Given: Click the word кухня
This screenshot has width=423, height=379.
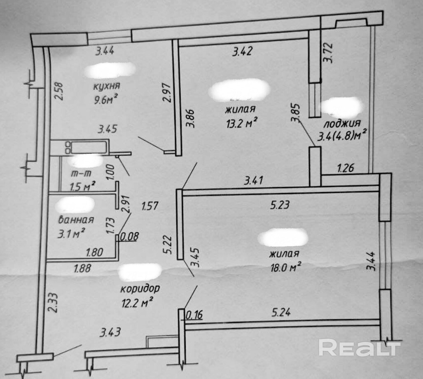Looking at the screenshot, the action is pyautogui.click(x=106, y=86).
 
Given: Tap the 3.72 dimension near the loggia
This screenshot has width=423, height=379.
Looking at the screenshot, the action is pyautogui.click(x=328, y=53).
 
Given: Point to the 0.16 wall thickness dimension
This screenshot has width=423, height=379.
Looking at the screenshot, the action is pyautogui.click(x=194, y=315).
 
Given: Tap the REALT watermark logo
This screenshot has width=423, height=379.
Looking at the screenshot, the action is pyautogui.click(x=359, y=348).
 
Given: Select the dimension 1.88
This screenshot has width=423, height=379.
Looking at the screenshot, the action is pyautogui.click(x=82, y=268).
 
